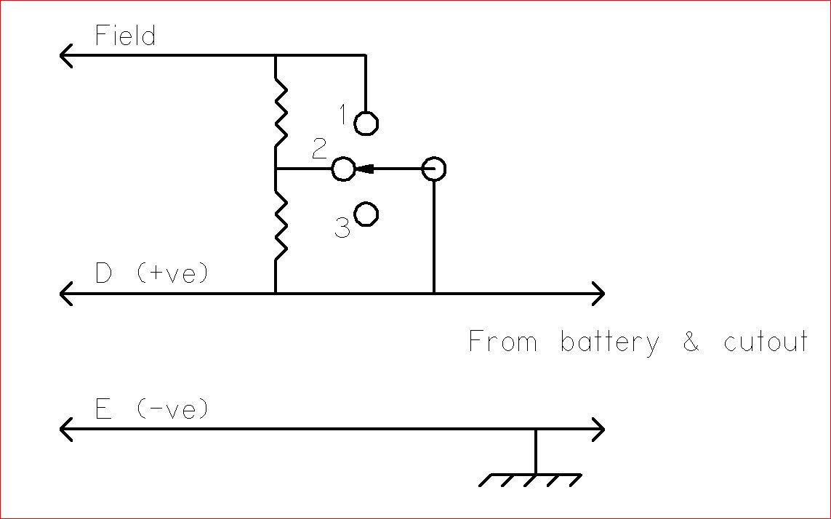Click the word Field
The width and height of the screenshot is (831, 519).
(126, 36)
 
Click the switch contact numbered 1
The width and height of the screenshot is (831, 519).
(366, 123)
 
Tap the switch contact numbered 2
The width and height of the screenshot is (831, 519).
(343, 169)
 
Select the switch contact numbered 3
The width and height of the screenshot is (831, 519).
(366, 214)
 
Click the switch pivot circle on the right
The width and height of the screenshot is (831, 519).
(433, 169)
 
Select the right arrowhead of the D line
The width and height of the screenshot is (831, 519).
(598, 294)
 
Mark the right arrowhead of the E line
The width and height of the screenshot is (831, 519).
(598, 429)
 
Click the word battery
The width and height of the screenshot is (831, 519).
(609, 342)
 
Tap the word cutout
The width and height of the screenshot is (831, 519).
(766, 342)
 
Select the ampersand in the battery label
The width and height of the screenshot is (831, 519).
(691, 342)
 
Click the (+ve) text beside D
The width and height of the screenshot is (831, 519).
(172, 273)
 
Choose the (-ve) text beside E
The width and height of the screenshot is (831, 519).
(172, 409)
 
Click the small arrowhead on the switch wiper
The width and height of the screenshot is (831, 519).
(366, 169)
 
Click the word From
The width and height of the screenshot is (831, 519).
(502, 341)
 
